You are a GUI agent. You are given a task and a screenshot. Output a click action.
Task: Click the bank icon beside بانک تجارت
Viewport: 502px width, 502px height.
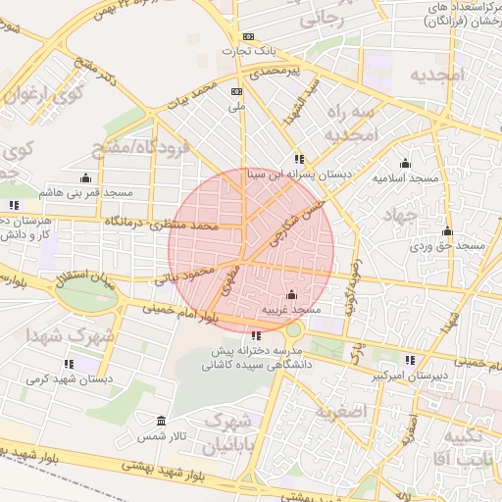pyautogui.click(x=248, y=36)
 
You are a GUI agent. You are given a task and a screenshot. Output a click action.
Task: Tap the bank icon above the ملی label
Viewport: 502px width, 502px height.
pyautogui.click(x=235, y=90)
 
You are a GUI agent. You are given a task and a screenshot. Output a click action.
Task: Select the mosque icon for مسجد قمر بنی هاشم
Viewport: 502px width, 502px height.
pyautogui.click(x=85, y=177)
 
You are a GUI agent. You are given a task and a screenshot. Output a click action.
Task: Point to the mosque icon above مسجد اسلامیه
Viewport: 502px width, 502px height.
pyautogui.click(x=405, y=163)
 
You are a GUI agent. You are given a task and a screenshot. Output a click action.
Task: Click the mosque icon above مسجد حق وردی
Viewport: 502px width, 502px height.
pyautogui.click(x=447, y=231)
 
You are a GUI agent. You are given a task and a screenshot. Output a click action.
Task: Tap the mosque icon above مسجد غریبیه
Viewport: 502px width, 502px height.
pyautogui.click(x=290, y=294)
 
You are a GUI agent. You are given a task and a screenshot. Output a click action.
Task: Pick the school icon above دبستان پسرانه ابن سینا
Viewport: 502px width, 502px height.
pyautogui.click(x=299, y=159)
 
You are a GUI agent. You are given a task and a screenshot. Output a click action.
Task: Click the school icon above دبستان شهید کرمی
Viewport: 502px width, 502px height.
pyautogui.click(x=95, y=364)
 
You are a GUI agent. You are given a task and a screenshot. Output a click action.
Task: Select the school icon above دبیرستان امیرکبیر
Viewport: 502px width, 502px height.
pyautogui.click(x=410, y=360)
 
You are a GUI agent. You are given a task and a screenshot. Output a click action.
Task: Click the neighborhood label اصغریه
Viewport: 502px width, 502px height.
pyautogui.click(x=365, y=411)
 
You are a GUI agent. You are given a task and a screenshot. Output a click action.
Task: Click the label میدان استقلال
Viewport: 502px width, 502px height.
pyautogui.click(x=80, y=277)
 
